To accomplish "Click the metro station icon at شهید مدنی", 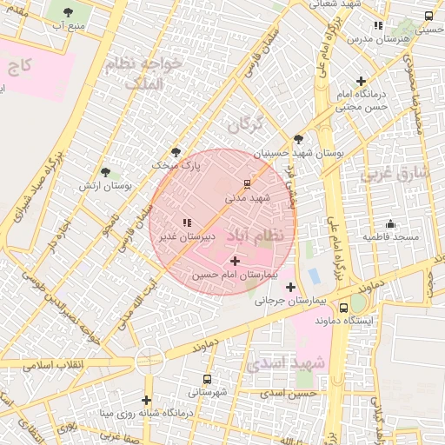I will tap(248, 183).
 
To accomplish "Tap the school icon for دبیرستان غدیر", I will tap(187, 222).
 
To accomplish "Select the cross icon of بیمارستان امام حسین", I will tap(235, 261).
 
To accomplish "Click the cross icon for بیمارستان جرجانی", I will tap(290, 288).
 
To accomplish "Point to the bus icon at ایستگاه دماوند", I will tap(344, 307).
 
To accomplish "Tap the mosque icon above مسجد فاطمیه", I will tap(390, 223).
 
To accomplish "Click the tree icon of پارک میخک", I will tap(176, 151).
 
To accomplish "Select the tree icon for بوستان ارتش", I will tap(105, 173).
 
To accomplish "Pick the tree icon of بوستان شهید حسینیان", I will tap(299, 138).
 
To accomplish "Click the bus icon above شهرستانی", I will tap(206, 379).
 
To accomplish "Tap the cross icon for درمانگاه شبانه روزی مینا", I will tap(147, 400).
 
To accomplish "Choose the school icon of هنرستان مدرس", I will tap(377, 26).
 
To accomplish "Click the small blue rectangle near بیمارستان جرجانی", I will tap(314, 276).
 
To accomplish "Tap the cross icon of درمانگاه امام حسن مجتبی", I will tap(360, 81).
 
